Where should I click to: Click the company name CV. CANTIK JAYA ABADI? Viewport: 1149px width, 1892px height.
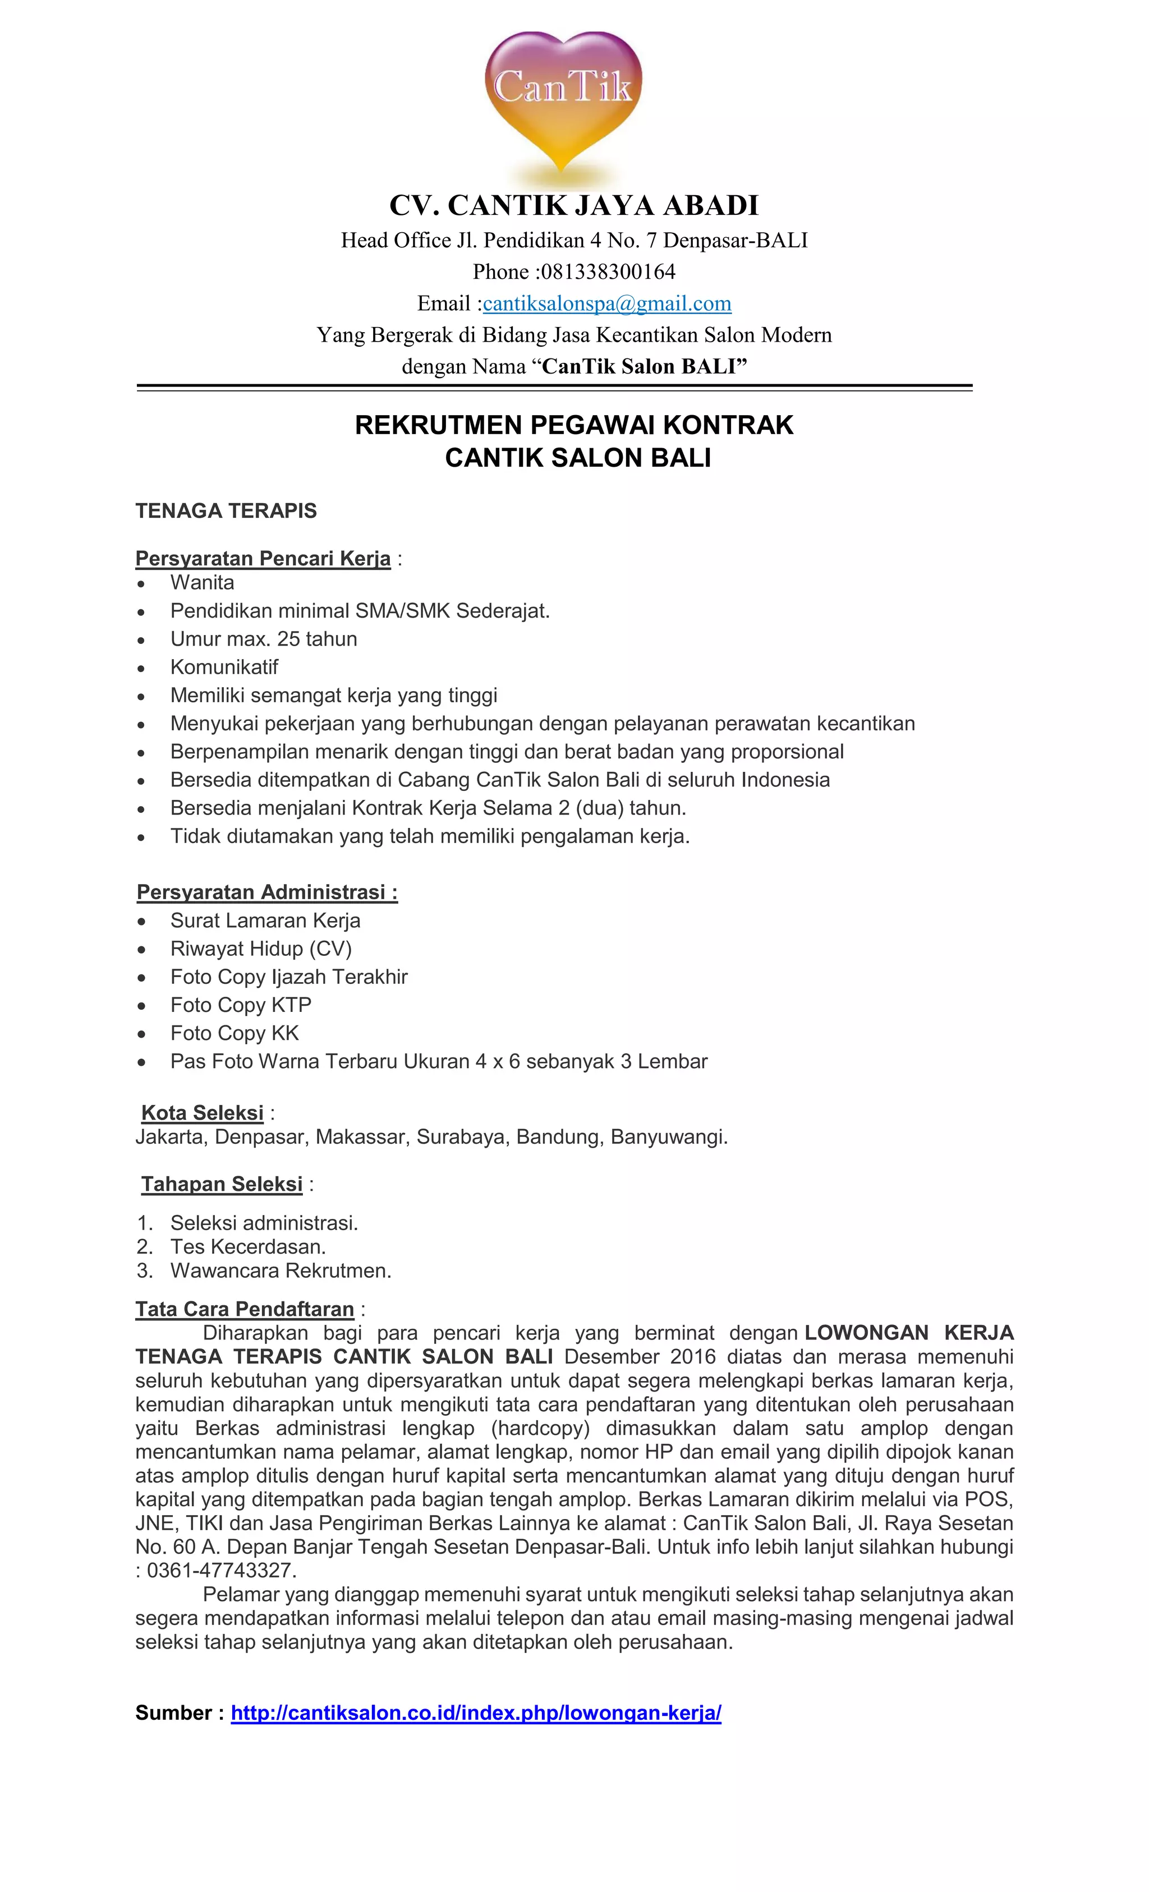[574, 206]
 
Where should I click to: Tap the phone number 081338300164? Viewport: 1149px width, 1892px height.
[608, 272]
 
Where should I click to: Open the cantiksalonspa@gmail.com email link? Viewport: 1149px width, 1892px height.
[606, 303]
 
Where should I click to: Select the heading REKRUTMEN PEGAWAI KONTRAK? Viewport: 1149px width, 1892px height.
[574, 425]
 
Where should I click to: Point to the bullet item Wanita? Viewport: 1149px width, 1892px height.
[202, 582]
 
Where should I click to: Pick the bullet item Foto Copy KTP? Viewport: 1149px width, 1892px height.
[240, 1005]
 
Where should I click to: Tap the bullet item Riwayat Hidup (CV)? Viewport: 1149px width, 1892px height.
[260, 949]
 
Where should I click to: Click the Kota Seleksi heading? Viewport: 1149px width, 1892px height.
[203, 1113]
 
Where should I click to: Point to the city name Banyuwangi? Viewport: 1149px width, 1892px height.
[668, 1136]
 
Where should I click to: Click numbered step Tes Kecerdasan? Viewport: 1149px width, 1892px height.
[247, 1246]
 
